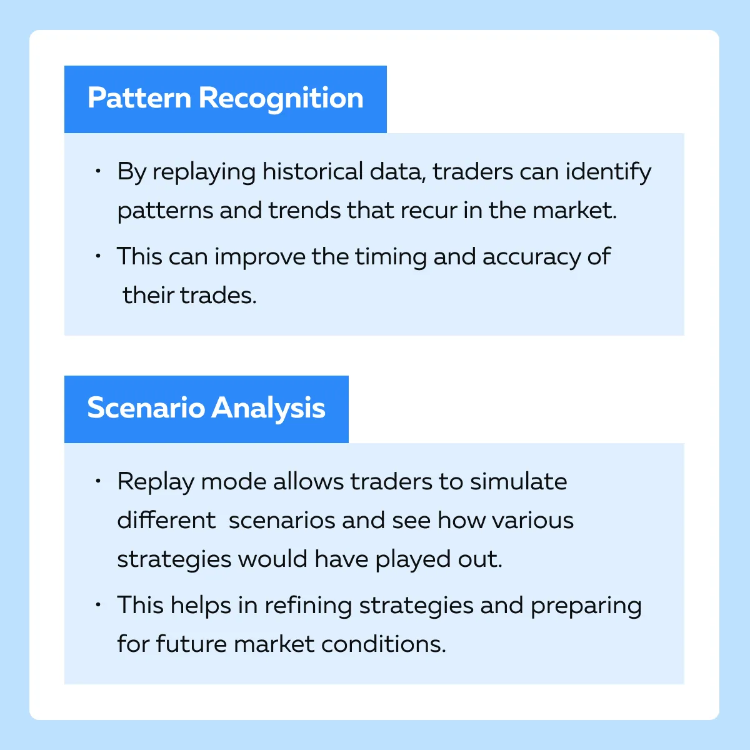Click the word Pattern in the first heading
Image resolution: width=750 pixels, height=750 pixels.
pos(139,97)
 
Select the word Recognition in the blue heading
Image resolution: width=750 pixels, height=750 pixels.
pos(281,99)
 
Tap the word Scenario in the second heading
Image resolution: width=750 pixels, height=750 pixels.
pos(146,408)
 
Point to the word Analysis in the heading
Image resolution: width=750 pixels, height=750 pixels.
pos(268,409)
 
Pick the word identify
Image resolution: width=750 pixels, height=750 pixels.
pos(607,172)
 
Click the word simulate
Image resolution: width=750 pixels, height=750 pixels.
pos(518,481)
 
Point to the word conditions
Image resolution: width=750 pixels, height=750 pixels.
pos(383,644)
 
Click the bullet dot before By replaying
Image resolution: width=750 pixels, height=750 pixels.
pos(98,171)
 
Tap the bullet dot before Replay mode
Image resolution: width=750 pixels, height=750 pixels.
pos(98,481)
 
